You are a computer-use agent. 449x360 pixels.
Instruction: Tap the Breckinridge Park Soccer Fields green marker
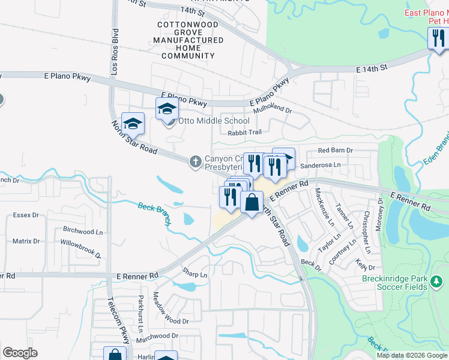coord(436,281)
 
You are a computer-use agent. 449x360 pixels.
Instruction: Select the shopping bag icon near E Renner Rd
coord(252,202)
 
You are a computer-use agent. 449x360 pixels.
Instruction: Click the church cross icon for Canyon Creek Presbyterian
coord(195,161)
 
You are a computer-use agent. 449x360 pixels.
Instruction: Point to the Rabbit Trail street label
coord(246,133)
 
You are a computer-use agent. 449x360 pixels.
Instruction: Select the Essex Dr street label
coord(26,214)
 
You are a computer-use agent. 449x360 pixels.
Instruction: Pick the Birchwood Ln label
coord(79,231)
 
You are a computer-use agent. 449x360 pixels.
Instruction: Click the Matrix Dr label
coord(26,241)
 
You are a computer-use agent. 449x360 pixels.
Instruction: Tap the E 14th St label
coord(372,70)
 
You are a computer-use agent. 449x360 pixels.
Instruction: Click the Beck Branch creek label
coord(155,214)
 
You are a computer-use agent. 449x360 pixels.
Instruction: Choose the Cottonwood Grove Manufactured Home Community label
coord(189,40)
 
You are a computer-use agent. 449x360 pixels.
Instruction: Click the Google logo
coord(20,353)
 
